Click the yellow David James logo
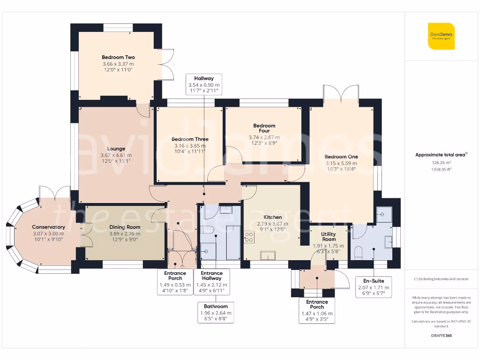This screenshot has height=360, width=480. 441,36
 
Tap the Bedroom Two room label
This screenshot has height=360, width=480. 118,57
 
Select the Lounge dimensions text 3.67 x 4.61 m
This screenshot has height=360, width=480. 116,155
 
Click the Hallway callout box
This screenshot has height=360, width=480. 204,84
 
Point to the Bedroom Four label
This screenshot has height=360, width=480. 264,128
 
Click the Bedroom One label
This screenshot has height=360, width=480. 341,157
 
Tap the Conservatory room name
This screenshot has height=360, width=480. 48,227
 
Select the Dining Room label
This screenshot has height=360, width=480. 125,227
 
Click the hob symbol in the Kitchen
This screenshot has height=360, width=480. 249,237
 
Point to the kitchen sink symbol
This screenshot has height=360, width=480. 268,255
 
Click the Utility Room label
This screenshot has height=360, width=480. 329,236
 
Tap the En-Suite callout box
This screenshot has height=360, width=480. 374,287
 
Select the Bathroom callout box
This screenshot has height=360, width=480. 216,312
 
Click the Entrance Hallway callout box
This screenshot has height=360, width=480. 211,282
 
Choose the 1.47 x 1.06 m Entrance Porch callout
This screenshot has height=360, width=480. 317,310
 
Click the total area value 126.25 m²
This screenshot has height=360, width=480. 441,163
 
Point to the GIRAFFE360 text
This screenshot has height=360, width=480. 441,336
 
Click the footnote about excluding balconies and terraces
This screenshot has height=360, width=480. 441,279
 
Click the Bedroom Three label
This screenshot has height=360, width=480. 190,139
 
